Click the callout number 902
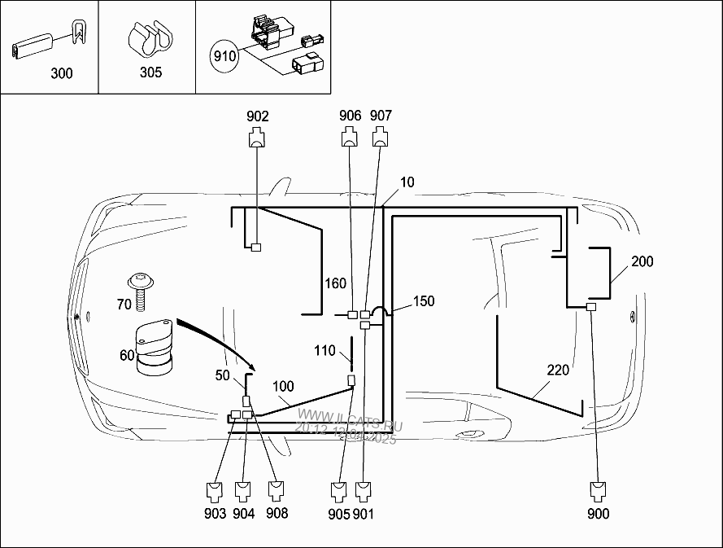point(258,116)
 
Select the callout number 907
point(381,116)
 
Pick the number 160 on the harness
point(336,283)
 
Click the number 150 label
point(424,301)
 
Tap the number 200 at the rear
point(642,261)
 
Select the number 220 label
point(558,370)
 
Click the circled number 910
point(224,56)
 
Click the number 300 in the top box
point(61,73)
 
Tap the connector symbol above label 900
point(599,490)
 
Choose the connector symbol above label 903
point(216,490)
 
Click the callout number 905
point(339,514)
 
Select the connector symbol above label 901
point(363,490)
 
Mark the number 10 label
point(407,182)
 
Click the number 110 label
point(324,351)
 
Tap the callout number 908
point(277,514)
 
